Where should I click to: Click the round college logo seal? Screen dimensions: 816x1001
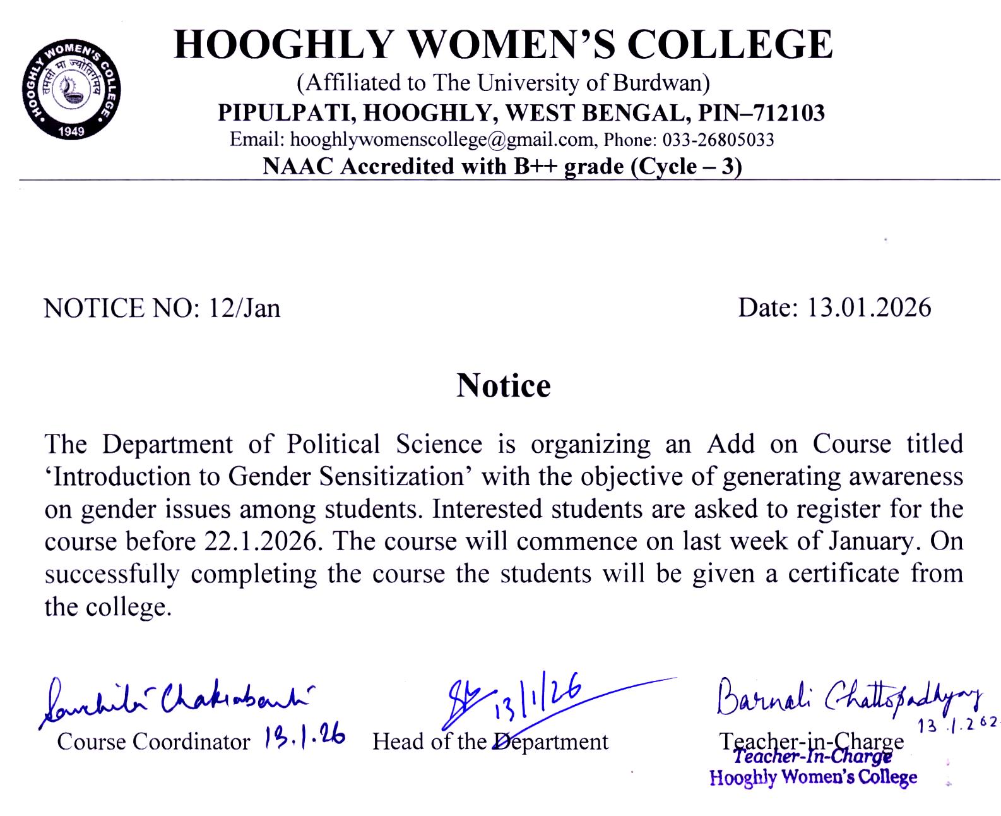(71, 92)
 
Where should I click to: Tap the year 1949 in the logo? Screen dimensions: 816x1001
(71, 131)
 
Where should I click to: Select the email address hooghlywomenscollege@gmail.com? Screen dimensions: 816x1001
(441, 140)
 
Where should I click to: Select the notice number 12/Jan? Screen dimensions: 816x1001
(245, 308)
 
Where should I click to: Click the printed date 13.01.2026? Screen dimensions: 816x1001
(870, 308)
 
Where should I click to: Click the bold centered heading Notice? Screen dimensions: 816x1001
(503, 386)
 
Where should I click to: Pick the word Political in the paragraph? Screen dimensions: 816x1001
(333, 444)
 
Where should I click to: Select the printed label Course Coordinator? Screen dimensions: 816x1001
(153, 741)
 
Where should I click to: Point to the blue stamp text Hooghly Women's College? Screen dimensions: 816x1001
(813, 777)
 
